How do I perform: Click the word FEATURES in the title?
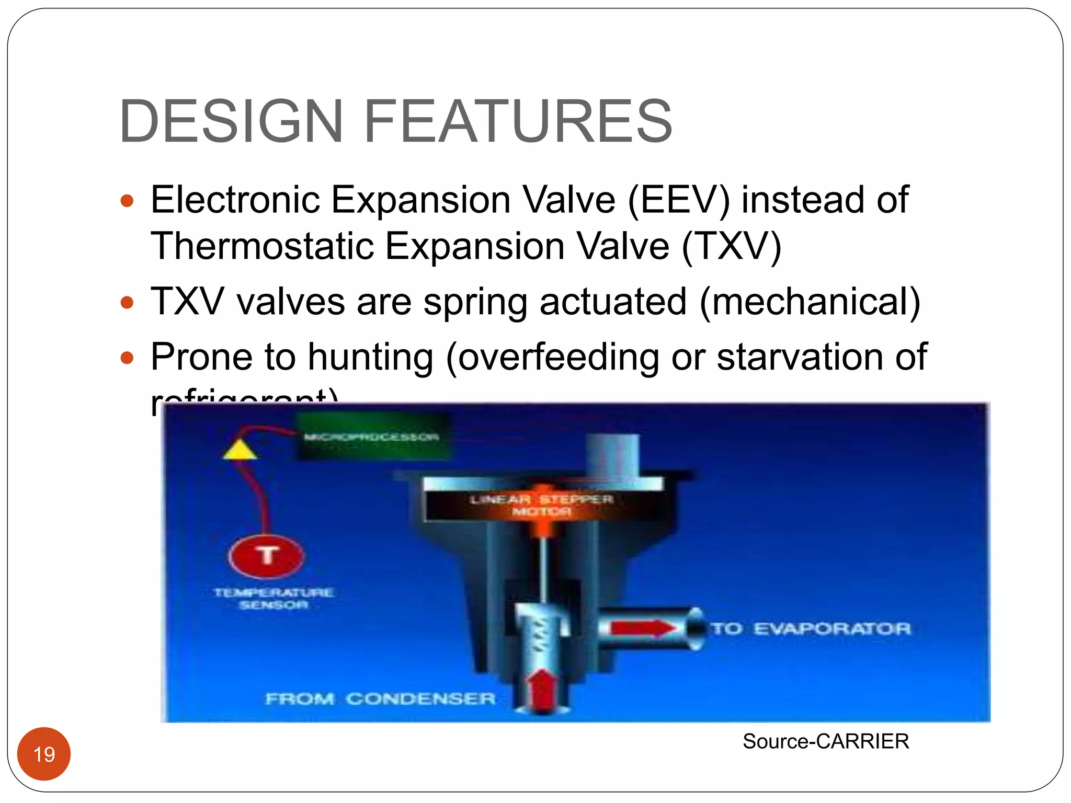(x=518, y=121)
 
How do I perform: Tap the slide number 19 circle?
(x=44, y=754)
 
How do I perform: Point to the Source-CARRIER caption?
(x=826, y=741)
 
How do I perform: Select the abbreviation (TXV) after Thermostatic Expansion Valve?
(x=732, y=246)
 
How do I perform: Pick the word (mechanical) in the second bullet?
(x=810, y=302)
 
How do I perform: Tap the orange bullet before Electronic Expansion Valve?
(x=127, y=201)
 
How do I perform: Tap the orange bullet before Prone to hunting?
(x=127, y=358)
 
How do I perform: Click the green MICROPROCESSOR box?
(x=372, y=437)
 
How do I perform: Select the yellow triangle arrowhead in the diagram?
(x=240, y=450)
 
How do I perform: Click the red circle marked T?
(x=267, y=555)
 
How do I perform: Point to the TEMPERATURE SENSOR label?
(x=274, y=599)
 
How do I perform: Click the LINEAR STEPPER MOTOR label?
(x=541, y=505)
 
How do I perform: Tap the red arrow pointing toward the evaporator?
(x=643, y=628)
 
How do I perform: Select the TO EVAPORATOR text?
(x=811, y=628)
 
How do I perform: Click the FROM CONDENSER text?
(x=380, y=698)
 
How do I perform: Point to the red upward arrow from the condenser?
(x=542, y=690)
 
